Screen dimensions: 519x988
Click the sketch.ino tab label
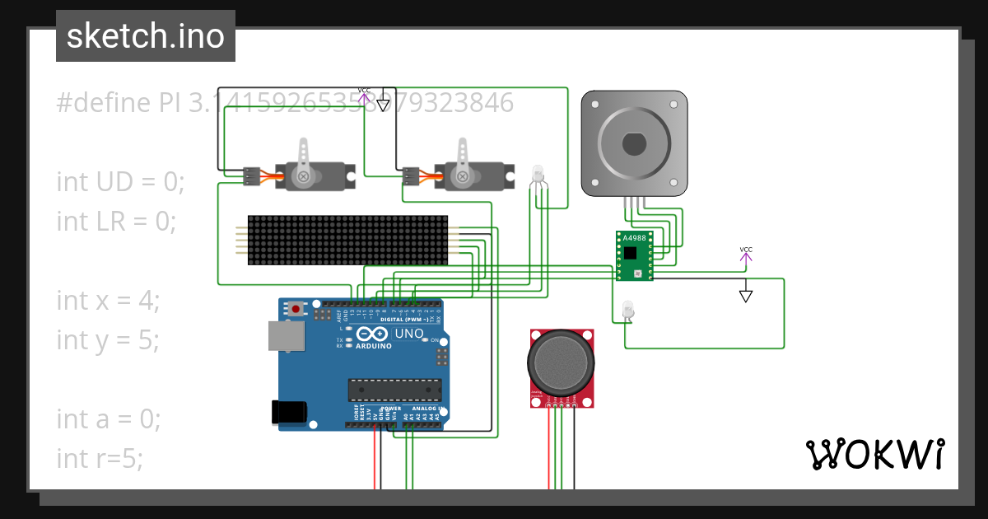tap(146, 36)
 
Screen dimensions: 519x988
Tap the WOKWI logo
tap(874, 454)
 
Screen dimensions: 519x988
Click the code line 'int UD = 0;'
tap(120, 181)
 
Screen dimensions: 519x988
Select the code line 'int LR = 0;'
tap(116, 221)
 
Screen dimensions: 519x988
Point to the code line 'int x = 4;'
tap(108, 300)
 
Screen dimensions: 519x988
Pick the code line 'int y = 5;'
tap(108, 339)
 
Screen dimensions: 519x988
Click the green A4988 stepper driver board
tap(634, 255)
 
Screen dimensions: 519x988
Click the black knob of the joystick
tap(560, 365)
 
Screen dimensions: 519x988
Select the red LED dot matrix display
tap(347, 240)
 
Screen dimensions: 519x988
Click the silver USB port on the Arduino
tap(286, 335)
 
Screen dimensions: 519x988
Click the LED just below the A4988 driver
tap(628, 310)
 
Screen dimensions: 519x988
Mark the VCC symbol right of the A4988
tap(745, 254)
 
